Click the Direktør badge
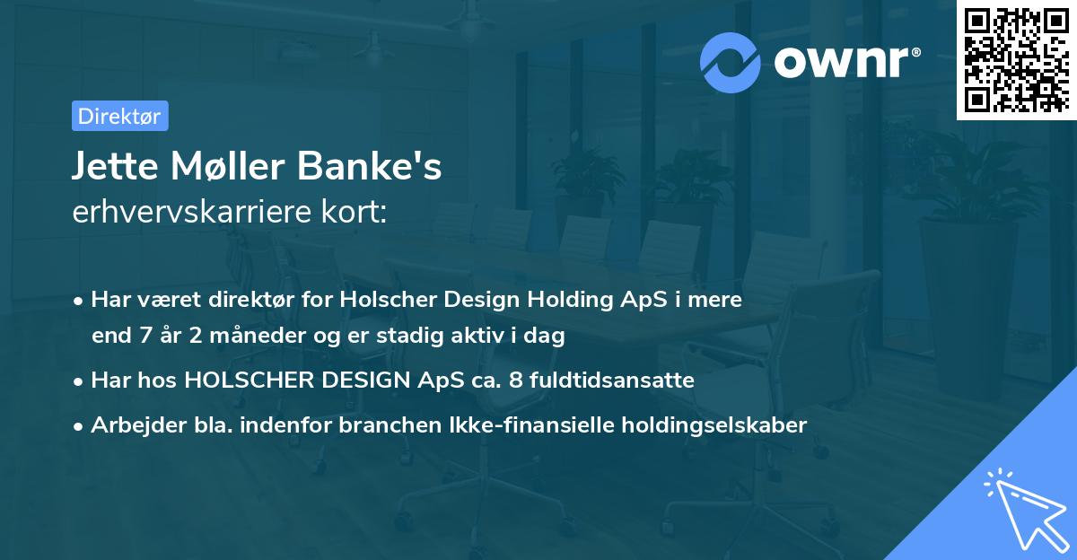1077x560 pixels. pos(119,116)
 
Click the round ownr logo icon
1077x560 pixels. pos(731,63)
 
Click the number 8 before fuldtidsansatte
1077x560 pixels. pos(514,381)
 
